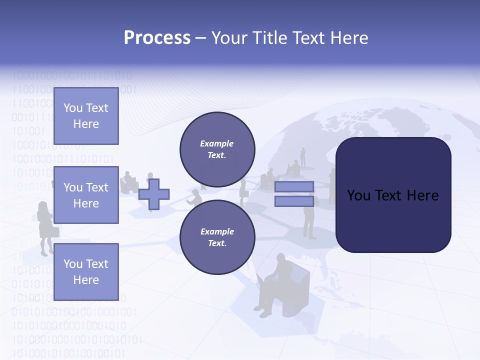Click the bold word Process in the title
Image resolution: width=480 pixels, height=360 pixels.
(157, 38)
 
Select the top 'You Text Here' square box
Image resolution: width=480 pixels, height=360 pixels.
(86, 116)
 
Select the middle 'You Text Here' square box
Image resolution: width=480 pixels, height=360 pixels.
(86, 195)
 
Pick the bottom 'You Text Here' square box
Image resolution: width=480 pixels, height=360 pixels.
(86, 271)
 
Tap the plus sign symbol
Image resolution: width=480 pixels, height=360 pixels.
(154, 194)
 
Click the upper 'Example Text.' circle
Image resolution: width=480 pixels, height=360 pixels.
(217, 149)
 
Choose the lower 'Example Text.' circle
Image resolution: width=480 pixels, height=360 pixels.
(217, 237)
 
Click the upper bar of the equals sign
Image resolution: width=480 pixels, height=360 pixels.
(294, 186)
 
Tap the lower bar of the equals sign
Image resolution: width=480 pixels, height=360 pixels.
(294, 201)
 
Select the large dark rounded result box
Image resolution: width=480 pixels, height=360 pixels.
(393, 195)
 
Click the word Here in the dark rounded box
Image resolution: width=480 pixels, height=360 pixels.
(423, 195)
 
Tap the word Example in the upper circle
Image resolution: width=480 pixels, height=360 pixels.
(216, 143)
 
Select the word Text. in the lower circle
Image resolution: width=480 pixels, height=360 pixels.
(217, 243)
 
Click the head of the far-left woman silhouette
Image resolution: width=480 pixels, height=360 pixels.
(43, 206)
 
